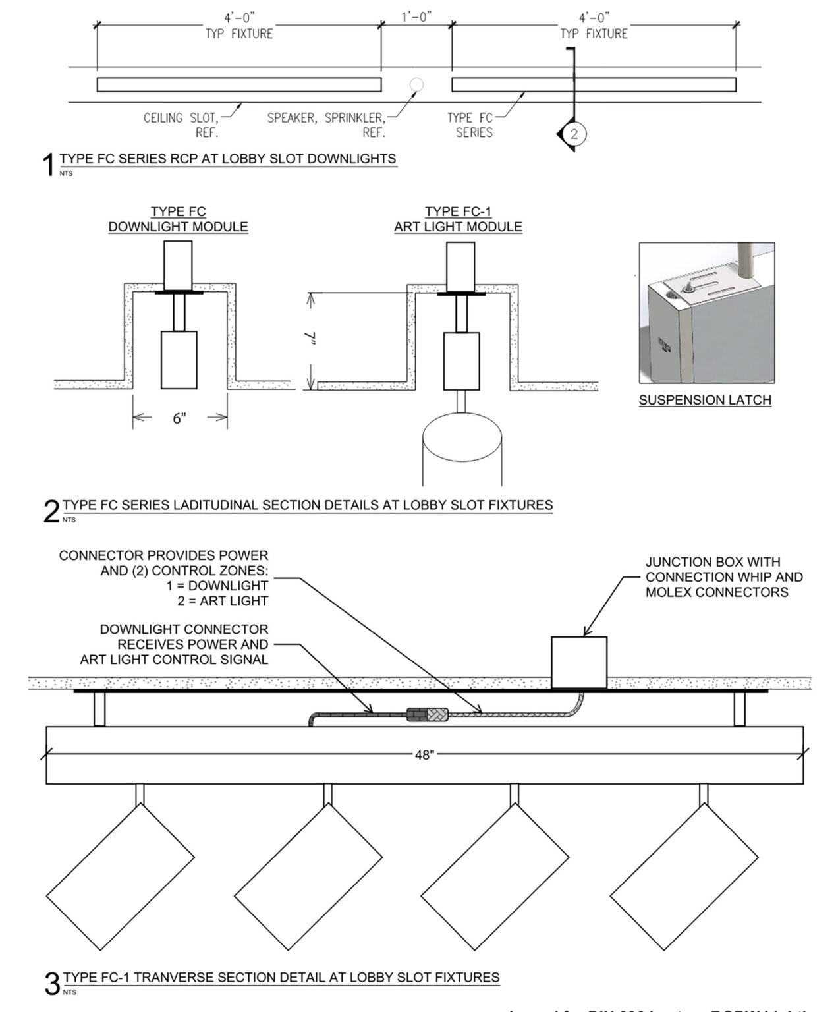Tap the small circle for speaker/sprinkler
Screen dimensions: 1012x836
(416, 84)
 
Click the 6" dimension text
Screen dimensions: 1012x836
(180, 418)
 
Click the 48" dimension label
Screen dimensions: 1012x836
(424, 755)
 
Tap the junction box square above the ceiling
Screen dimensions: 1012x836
(578, 661)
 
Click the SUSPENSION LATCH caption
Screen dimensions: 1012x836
(704, 400)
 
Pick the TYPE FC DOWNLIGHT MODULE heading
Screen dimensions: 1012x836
(178, 219)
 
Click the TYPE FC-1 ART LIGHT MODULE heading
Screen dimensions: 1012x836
(458, 219)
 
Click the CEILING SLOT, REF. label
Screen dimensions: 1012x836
(181, 125)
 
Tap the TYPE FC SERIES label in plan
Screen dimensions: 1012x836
(470, 125)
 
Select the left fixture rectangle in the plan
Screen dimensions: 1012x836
(238, 84)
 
